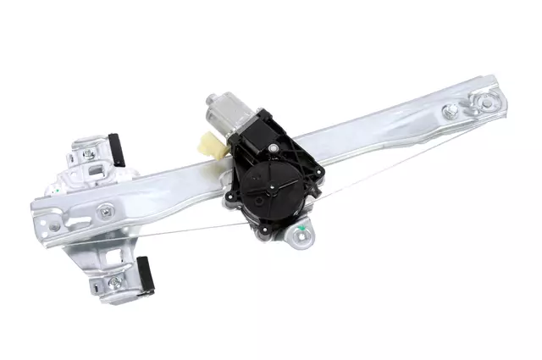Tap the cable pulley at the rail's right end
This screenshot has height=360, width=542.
(486, 102)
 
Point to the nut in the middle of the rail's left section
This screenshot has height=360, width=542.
(107, 212)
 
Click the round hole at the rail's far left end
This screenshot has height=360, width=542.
(54, 227)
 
